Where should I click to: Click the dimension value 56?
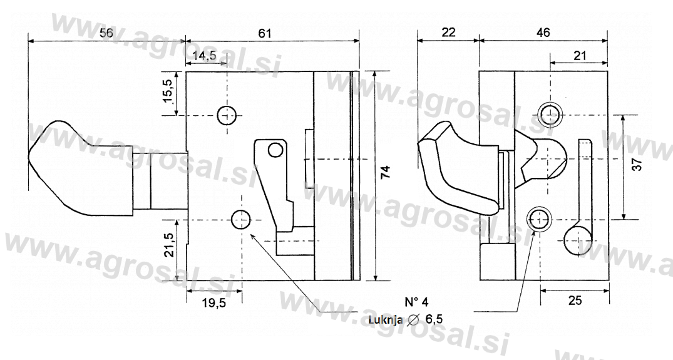click(x=106, y=33)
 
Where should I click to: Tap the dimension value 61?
click(x=265, y=33)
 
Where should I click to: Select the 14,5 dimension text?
click(x=205, y=56)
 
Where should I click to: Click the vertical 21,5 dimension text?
click(x=168, y=245)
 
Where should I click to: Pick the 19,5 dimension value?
click(x=213, y=302)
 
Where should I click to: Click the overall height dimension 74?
click(x=386, y=172)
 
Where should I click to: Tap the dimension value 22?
click(x=448, y=33)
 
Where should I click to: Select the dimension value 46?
click(x=543, y=33)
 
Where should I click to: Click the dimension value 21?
click(x=580, y=55)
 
